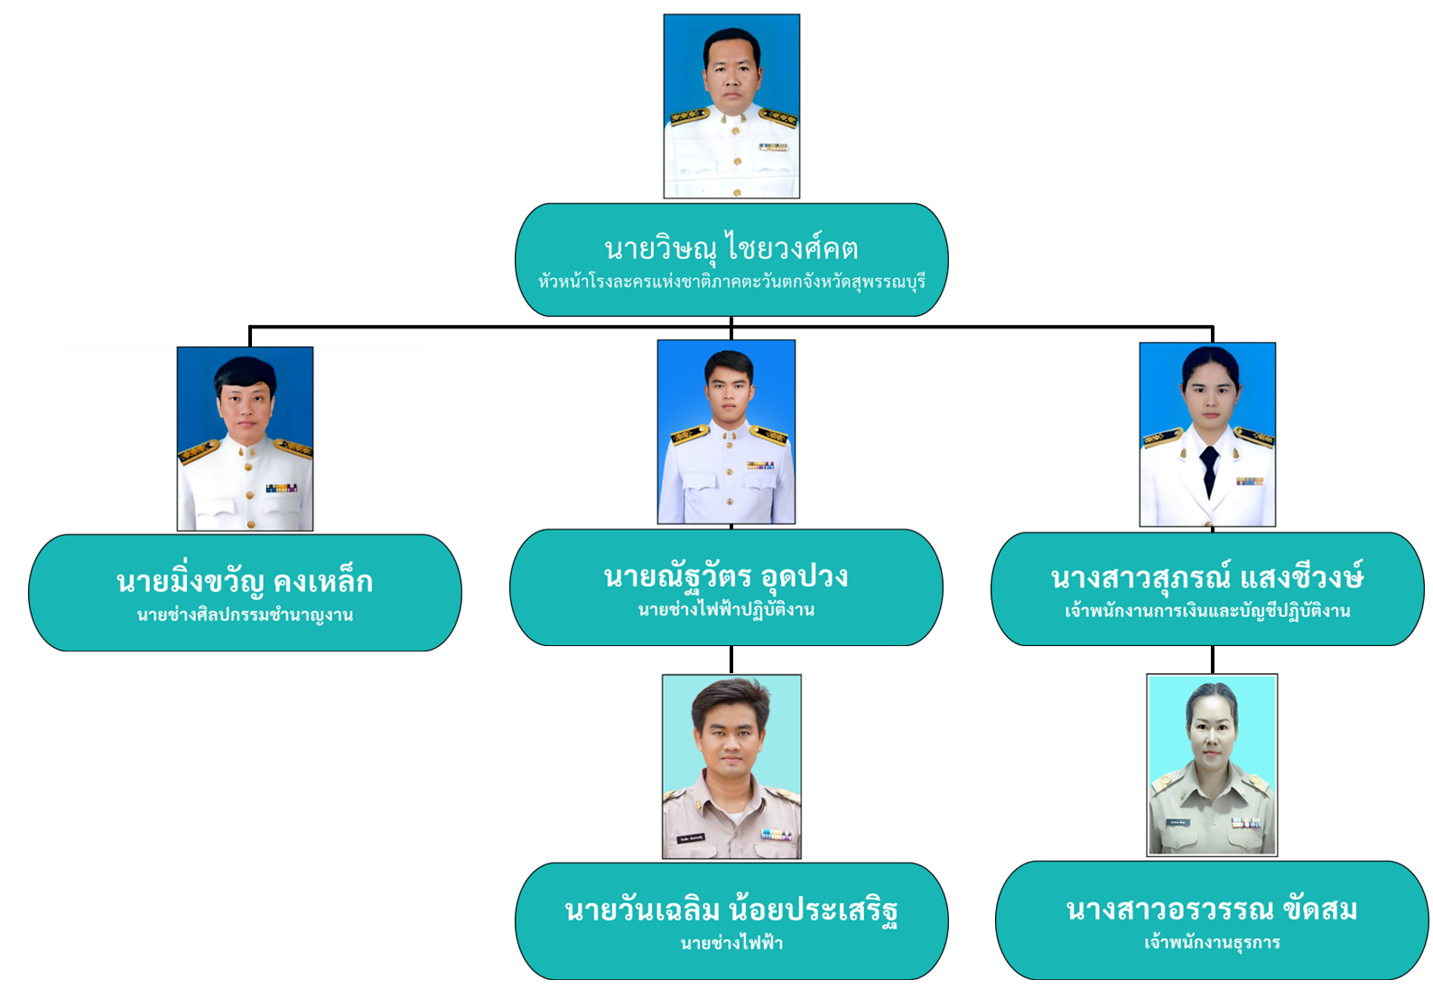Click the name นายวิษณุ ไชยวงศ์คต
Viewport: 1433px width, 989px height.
731,248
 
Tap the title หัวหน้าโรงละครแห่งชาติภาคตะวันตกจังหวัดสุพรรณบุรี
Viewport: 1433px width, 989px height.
731,282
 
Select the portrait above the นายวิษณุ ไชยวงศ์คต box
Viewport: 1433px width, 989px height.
731,106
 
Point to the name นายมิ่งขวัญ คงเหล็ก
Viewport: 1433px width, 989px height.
245,582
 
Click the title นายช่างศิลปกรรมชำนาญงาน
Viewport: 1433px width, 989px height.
245,615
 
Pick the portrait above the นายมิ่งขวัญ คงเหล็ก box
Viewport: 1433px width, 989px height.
245,439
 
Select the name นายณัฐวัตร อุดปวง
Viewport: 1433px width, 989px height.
726,577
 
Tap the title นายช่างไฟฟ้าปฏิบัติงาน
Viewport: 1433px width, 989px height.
726,610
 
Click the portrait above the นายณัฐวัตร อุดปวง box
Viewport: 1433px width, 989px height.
726,431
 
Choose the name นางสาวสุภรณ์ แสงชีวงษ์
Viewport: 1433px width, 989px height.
1207,578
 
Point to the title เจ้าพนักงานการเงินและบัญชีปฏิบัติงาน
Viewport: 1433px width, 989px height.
1207,612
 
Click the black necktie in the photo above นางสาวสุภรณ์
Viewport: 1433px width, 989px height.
1208,469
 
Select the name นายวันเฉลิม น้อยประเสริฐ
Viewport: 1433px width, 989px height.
731,910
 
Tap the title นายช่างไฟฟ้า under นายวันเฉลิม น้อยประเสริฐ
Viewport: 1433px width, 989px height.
731,944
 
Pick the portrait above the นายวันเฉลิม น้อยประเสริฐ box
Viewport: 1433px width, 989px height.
731,766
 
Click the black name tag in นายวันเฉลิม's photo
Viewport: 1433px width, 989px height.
691,838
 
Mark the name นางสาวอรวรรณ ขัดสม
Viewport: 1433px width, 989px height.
1212,910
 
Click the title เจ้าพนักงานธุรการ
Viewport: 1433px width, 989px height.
1212,943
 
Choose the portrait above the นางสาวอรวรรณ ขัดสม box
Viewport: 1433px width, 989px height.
1212,764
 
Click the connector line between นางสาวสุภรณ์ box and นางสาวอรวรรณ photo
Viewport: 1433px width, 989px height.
1212,660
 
